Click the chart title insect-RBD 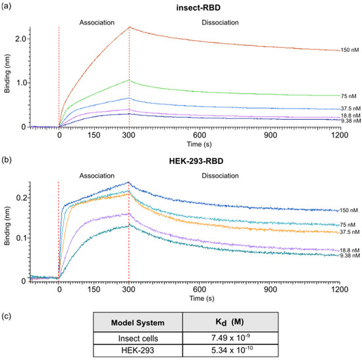click(198, 8)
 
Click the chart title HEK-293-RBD click(196, 161)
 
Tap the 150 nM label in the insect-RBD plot click(349, 50)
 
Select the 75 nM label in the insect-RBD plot click(348, 96)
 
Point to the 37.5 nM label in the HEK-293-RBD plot click(349, 232)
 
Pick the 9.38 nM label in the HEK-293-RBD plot click(349, 255)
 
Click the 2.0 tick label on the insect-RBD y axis click(21, 39)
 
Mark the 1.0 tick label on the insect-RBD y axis click(21, 83)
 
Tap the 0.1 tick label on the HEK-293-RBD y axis click(22, 238)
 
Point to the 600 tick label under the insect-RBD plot click(199, 135)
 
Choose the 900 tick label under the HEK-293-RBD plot click(271, 289)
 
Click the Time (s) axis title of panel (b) click(202, 298)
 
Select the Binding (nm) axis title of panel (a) click(7, 74)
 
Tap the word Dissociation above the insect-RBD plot click(220, 22)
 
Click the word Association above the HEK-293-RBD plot click(97, 176)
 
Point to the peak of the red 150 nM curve click(130, 27)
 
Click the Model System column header click(138, 322)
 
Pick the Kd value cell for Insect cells click(230, 338)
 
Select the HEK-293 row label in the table click(138, 350)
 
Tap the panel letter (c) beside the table click(6, 316)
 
